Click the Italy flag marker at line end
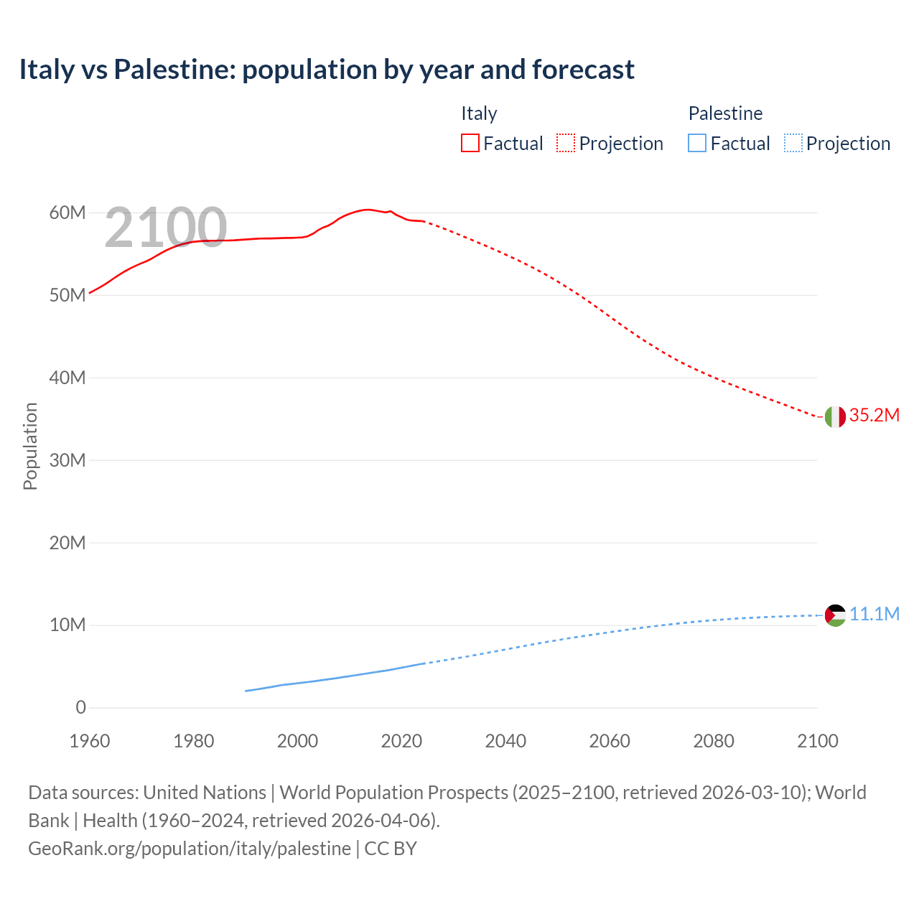click(x=835, y=416)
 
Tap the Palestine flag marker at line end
click(x=835, y=615)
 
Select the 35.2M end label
click(x=874, y=416)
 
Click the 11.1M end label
click(x=874, y=615)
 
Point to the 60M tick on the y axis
click(x=67, y=213)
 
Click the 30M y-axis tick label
click(x=67, y=460)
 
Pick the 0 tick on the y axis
click(x=80, y=708)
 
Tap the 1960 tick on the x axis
click(x=90, y=741)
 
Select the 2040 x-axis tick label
click(x=505, y=741)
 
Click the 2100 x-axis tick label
click(x=817, y=741)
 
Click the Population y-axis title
click(x=30, y=446)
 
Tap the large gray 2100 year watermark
click(x=166, y=228)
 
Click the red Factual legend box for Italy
click(x=470, y=144)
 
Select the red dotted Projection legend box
click(x=566, y=144)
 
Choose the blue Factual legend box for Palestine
click(x=697, y=144)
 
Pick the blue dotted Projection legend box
click(x=793, y=144)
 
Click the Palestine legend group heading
click(x=725, y=113)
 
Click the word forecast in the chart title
click(x=583, y=70)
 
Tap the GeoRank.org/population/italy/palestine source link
click(x=190, y=849)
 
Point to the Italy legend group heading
click(x=479, y=113)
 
